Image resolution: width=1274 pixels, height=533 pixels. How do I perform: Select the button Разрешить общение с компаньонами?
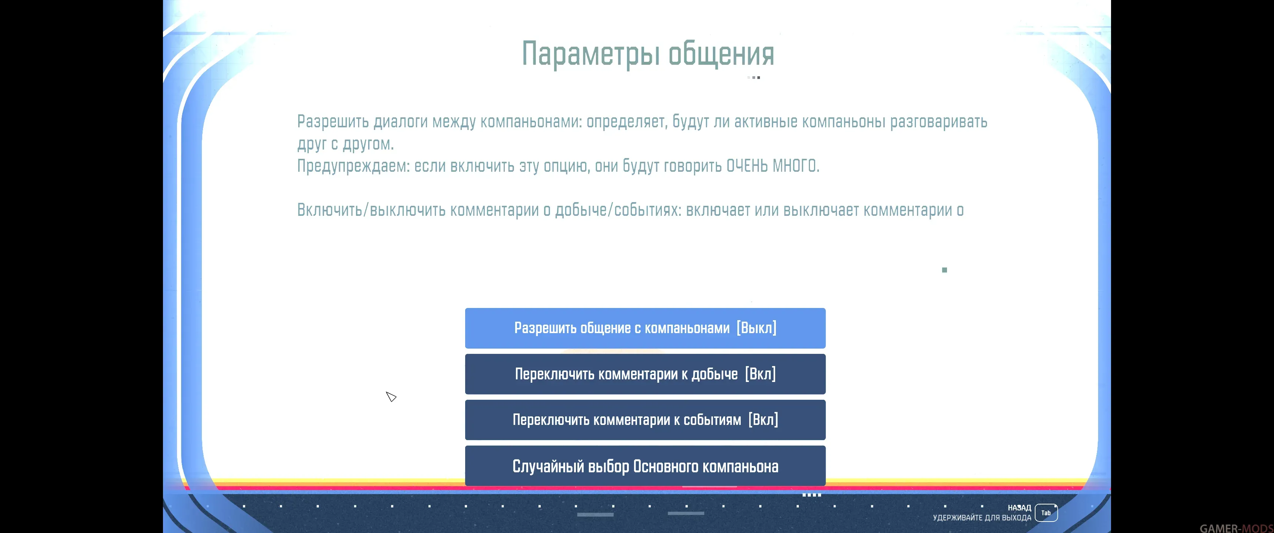click(645, 328)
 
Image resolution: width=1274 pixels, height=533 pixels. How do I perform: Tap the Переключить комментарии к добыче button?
click(645, 374)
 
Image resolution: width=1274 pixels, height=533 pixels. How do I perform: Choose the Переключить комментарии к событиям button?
click(645, 420)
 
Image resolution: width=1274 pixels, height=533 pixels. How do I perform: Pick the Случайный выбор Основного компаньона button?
click(645, 466)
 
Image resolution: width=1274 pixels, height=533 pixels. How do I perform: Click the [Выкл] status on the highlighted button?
click(756, 328)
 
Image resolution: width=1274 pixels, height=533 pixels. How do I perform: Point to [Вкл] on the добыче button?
click(760, 374)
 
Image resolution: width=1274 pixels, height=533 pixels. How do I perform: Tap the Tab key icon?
click(1046, 513)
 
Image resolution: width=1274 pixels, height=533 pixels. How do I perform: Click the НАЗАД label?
click(1019, 508)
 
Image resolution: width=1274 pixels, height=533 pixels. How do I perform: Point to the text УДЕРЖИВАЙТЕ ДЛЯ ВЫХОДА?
click(982, 518)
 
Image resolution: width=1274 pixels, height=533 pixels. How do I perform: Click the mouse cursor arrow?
click(391, 396)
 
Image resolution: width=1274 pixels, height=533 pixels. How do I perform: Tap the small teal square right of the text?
click(944, 270)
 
